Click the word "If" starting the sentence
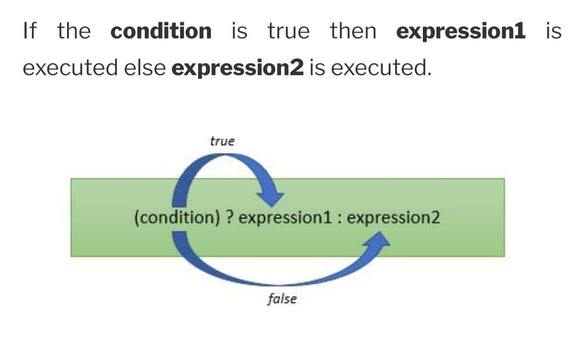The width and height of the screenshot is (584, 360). click(x=30, y=31)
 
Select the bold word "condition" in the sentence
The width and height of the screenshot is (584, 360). click(x=161, y=31)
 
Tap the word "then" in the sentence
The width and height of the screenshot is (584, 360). click(x=353, y=31)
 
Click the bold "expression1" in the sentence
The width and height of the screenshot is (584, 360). click(x=461, y=31)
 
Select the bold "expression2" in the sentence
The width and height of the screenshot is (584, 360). click(x=237, y=68)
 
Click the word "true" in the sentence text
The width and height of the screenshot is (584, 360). click(x=289, y=31)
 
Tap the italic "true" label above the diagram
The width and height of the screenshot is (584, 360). click(x=222, y=141)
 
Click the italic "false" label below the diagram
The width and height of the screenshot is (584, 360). click(x=282, y=299)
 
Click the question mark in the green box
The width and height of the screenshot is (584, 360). click(x=229, y=218)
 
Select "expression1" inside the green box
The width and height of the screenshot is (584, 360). click(x=284, y=218)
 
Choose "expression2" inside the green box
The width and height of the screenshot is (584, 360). click(x=393, y=218)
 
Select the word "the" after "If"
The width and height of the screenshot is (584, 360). click(x=74, y=31)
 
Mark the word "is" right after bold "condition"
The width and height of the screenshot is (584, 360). click(x=239, y=31)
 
